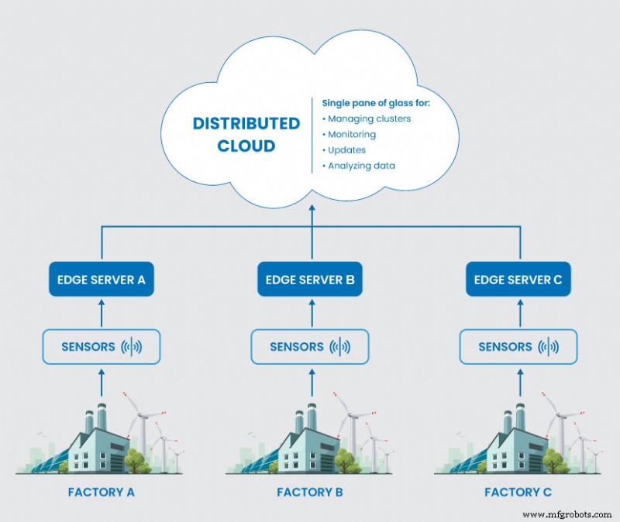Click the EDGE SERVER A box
coord(102,280)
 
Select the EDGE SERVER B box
coord(310,280)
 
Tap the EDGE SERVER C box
coord(518,280)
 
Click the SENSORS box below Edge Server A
coord(102,346)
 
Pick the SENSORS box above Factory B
coord(310,346)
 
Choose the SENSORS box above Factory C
coord(518,346)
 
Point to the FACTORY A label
coord(102,492)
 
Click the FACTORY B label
coord(310,492)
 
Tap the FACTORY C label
coord(518,492)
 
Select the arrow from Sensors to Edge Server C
coord(518,312)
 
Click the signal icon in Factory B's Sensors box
coord(339,346)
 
